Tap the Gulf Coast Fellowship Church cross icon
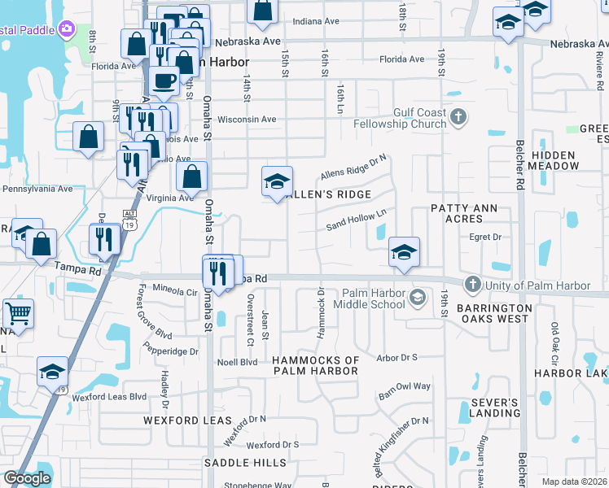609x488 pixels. point(458,118)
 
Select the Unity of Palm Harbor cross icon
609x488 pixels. point(472,285)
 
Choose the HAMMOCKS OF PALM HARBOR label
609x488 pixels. point(315,365)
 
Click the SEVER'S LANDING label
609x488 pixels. point(494,408)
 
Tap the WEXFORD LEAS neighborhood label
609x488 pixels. point(188,420)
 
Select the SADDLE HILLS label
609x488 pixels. point(245,463)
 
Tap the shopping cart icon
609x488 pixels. point(16,312)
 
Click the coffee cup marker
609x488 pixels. point(164,81)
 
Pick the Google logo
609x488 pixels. point(27,478)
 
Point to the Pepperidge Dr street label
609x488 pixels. point(170,352)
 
